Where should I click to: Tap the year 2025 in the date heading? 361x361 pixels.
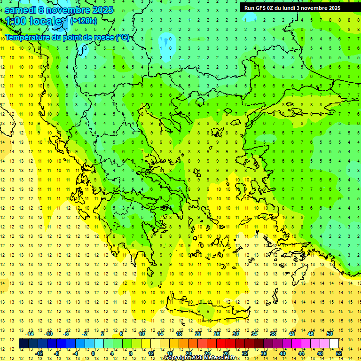[x=99, y=10]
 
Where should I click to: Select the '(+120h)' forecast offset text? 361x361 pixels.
[x=83, y=21]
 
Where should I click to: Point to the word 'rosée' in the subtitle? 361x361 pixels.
[x=101, y=37]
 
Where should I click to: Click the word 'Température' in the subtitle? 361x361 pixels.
[x=28, y=37]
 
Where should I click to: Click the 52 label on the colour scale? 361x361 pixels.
[x=339, y=353]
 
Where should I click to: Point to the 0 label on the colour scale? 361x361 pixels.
[x=93, y=353]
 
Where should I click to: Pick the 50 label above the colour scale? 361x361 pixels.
[x=330, y=334]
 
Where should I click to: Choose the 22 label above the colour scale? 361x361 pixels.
[x=198, y=334]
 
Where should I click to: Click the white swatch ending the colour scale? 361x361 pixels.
[x=334, y=344]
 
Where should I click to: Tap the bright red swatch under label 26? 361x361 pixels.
[x=221, y=344]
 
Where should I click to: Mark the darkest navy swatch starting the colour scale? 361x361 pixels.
[x=24, y=344]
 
